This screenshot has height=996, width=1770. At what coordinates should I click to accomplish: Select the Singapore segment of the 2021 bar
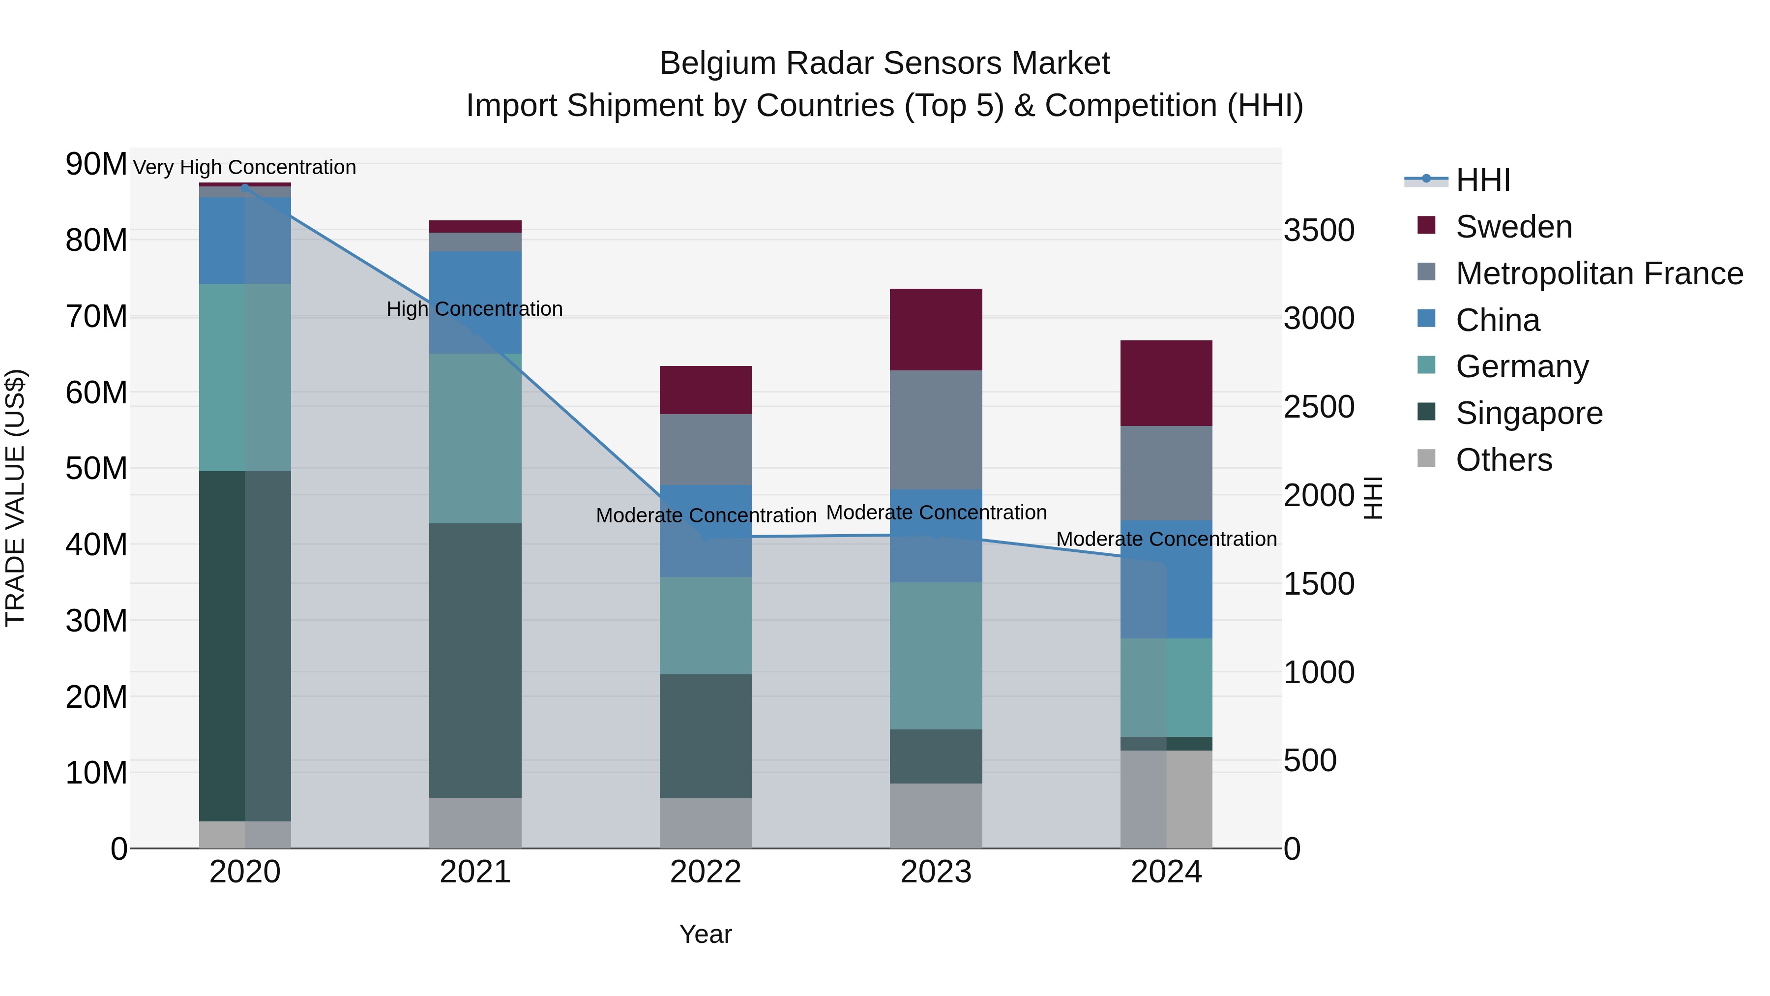[x=475, y=660]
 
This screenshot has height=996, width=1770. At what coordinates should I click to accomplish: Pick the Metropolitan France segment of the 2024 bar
[x=1166, y=473]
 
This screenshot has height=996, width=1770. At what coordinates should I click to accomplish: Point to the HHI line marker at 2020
[x=245, y=187]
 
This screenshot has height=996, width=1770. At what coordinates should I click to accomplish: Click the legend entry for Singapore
[x=1528, y=413]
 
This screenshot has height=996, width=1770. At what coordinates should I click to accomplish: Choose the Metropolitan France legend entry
[x=1599, y=273]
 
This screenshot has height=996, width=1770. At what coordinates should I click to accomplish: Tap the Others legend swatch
[x=1426, y=458]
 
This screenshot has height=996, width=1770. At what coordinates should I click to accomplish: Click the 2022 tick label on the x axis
[x=706, y=872]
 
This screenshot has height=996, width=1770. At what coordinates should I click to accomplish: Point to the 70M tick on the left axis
[x=96, y=317]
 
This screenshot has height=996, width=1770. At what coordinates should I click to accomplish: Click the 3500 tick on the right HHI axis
[x=1319, y=230]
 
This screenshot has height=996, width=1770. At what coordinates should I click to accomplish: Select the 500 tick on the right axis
[x=1310, y=760]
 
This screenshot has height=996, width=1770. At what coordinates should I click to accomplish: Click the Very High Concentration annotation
[x=245, y=167]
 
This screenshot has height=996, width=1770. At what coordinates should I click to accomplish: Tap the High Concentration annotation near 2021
[x=475, y=308]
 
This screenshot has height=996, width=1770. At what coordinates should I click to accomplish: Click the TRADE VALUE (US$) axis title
[x=15, y=498]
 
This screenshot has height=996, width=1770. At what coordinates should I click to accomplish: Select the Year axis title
[x=706, y=934]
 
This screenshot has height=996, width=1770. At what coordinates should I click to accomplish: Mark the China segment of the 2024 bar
[x=1166, y=579]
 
